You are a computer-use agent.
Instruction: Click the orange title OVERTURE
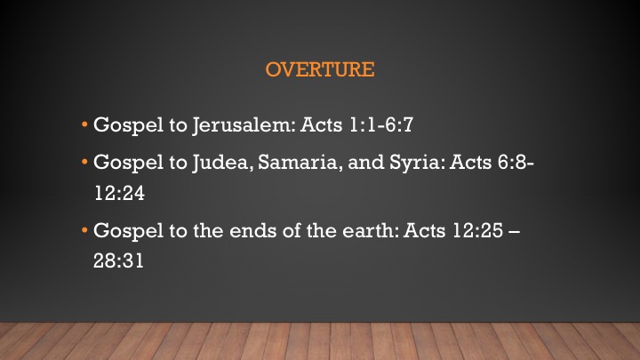coord(320,69)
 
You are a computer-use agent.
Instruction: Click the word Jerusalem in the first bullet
coord(244,125)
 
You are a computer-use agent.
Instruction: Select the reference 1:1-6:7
coord(381,124)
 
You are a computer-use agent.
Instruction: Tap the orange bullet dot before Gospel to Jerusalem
coord(84,124)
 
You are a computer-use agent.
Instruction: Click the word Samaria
coord(300,163)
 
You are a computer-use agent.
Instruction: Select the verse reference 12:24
coord(119,193)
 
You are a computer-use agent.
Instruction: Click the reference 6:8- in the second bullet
coord(516,162)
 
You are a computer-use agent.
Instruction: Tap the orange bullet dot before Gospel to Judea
coord(84,162)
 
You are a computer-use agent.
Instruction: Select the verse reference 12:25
coord(477,230)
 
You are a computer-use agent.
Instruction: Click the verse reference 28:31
coord(118,260)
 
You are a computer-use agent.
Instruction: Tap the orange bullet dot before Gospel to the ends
coord(84,230)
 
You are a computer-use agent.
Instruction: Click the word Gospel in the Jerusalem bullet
coord(128,125)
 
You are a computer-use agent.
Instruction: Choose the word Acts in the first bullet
coord(321,124)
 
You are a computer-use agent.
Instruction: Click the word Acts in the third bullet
coord(425,230)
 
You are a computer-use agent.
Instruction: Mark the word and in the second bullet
coord(365,163)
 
